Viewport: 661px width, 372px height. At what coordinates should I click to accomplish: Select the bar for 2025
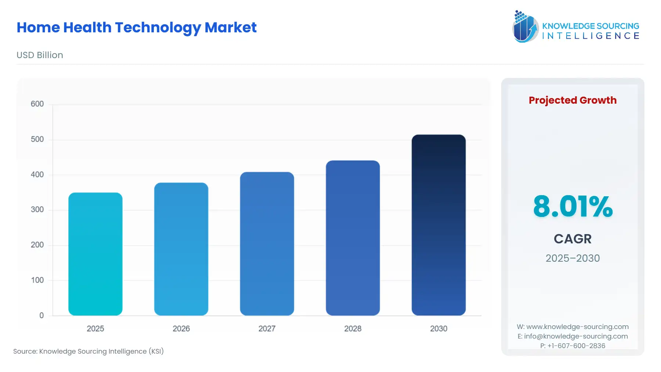click(95, 254)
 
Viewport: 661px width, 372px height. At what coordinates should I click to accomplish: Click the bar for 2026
click(181, 249)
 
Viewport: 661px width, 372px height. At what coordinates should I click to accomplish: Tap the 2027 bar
click(267, 243)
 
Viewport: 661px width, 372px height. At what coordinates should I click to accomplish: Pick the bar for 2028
click(353, 237)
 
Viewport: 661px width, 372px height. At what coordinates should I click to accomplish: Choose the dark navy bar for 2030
click(438, 225)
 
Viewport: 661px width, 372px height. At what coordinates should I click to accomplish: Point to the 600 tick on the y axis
click(37, 104)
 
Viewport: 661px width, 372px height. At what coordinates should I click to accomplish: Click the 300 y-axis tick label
click(37, 210)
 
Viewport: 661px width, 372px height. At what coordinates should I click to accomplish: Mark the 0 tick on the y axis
click(41, 315)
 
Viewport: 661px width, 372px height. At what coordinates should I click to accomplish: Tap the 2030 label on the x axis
click(438, 329)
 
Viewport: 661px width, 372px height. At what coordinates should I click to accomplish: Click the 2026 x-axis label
click(181, 329)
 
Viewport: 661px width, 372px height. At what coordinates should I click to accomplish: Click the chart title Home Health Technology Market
click(137, 28)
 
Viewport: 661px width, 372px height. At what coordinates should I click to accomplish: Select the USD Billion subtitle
click(40, 55)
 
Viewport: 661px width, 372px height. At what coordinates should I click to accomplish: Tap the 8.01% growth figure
click(572, 206)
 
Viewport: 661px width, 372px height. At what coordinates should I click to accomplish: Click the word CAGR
click(572, 239)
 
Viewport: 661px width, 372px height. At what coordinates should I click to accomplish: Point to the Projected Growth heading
click(572, 100)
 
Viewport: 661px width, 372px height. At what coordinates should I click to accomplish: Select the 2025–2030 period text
click(572, 258)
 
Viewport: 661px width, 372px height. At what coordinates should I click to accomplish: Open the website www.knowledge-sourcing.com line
click(572, 327)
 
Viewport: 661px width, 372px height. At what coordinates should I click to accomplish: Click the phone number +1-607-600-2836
click(572, 346)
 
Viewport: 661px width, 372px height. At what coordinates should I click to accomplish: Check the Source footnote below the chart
click(89, 351)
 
